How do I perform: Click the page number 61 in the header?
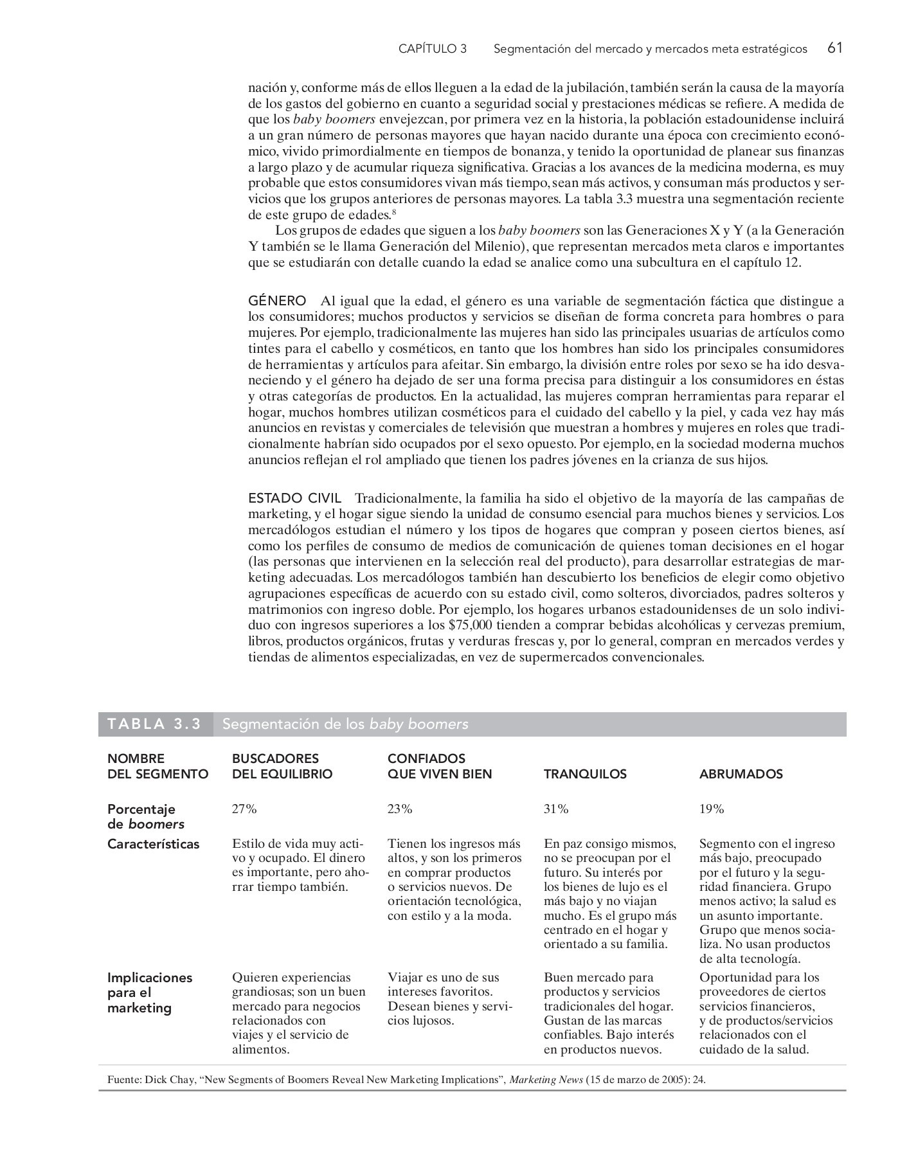(835, 48)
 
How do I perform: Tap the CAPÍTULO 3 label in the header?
(432, 49)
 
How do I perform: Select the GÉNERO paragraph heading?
(277, 301)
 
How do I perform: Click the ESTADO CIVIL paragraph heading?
(294, 498)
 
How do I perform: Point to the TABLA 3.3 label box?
(155, 724)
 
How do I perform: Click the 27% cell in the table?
(244, 809)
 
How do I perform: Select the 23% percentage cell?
(400, 809)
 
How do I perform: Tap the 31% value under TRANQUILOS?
(556, 809)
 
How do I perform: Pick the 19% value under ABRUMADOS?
(712, 809)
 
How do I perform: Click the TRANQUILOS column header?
(585, 774)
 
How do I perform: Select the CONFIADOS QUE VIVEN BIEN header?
(439, 766)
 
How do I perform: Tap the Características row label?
(153, 844)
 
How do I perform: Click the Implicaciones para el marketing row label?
(149, 992)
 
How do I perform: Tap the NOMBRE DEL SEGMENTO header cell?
(157, 766)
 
